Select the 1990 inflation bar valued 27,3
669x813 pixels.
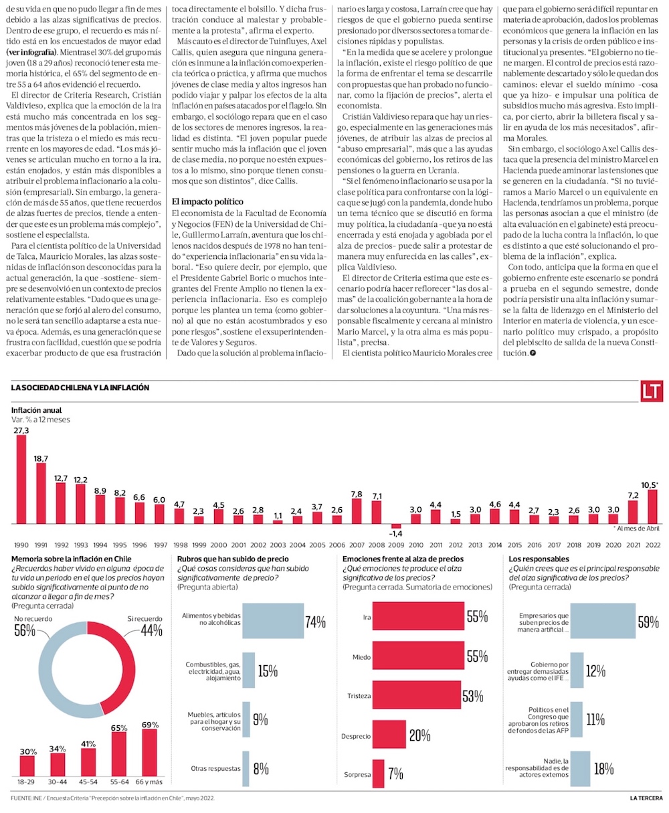click(x=21, y=480)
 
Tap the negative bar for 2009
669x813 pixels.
click(x=396, y=526)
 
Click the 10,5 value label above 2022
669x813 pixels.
click(x=650, y=484)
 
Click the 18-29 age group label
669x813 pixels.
click(x=27, y=782)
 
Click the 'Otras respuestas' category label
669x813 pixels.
click(x=215, y=768)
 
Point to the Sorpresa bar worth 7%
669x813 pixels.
click(x=379, y=774)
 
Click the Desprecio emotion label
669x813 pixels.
click(x=356, y=736)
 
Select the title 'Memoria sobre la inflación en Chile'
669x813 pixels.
click(x=71, y=558)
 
